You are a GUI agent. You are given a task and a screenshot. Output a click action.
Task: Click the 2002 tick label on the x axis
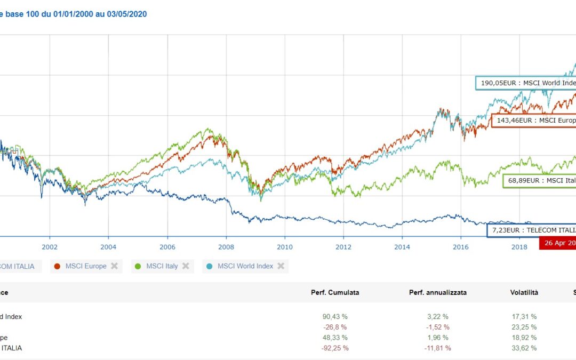coord(50,246)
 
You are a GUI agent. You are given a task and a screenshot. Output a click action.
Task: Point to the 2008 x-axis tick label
coord(226,246)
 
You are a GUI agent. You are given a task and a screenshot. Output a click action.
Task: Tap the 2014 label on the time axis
coord(402,246)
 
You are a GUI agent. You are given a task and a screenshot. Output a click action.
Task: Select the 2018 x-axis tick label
coord(519,246)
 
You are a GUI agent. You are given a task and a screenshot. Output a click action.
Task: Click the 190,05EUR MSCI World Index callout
coord(526,83)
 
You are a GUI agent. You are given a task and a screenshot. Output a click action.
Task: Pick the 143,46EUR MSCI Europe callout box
coord(533,121)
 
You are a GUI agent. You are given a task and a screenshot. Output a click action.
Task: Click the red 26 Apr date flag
coord(558,243)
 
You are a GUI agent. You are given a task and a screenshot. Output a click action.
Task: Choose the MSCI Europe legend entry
coord(85,266)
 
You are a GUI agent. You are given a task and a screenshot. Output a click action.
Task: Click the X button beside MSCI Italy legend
coord(186,266)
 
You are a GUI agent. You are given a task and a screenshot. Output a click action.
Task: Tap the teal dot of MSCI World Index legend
coord(210,266)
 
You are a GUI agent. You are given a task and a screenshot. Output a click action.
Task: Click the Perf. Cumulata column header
coord(335,292)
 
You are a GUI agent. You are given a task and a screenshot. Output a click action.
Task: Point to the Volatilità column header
coord(524,292)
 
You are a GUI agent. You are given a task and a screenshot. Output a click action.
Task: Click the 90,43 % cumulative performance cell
coord(335,316)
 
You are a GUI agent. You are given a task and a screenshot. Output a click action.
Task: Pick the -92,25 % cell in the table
coord(335,348)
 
